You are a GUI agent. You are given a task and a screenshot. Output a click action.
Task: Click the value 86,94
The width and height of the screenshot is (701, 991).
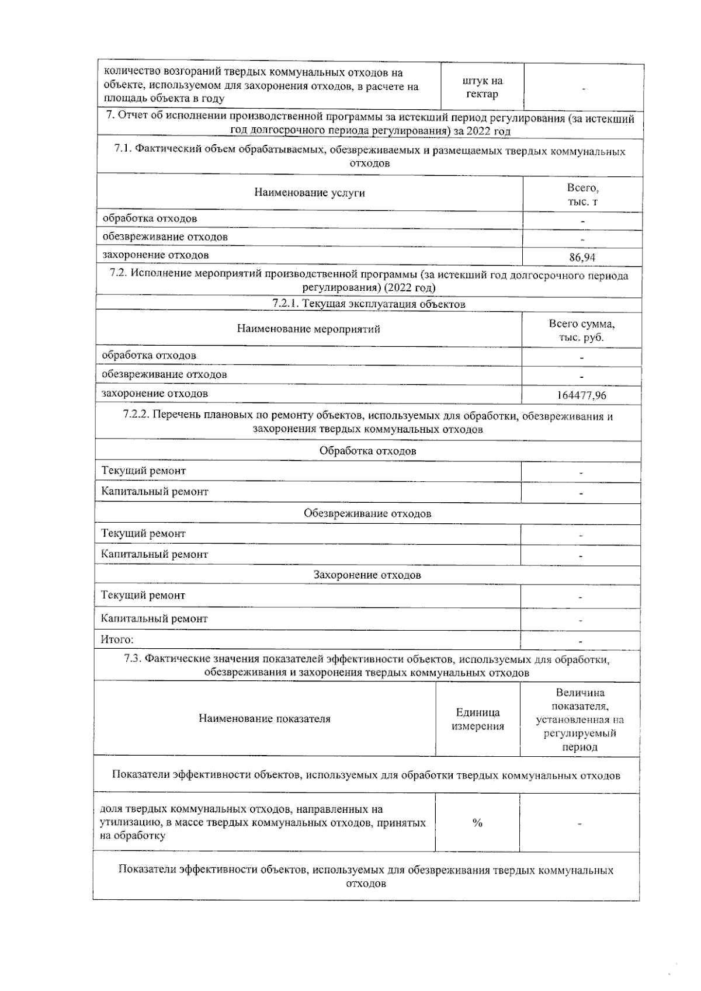(582, 257)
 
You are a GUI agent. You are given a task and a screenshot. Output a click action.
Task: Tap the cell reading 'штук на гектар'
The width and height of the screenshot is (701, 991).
(482, 88)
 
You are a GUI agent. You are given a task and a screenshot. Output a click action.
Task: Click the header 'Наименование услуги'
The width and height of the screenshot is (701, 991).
(309, 193)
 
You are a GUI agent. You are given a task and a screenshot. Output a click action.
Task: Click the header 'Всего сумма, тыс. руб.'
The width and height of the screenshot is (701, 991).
(581, 331)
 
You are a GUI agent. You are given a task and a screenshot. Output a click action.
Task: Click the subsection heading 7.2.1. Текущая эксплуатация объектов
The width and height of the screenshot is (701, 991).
(369, 304)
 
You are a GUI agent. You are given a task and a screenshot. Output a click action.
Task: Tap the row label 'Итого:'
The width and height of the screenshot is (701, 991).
(117, 639)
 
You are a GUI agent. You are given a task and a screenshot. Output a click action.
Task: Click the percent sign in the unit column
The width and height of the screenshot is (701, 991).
(477, 823)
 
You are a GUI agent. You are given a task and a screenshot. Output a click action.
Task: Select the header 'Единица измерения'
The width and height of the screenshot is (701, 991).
(478, 719)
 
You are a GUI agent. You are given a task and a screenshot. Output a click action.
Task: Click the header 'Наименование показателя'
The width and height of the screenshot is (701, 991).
(264, 719)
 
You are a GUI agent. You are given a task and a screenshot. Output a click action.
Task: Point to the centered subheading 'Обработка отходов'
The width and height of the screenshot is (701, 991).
(367, 451)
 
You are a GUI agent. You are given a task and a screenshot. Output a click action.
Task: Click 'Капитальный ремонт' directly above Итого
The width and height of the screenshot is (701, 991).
(154, 618)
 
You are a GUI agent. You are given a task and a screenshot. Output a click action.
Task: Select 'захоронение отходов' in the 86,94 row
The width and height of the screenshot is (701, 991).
(155, 255)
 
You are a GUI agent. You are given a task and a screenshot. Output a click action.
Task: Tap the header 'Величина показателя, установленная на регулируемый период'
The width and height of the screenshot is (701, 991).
(579, 719)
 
